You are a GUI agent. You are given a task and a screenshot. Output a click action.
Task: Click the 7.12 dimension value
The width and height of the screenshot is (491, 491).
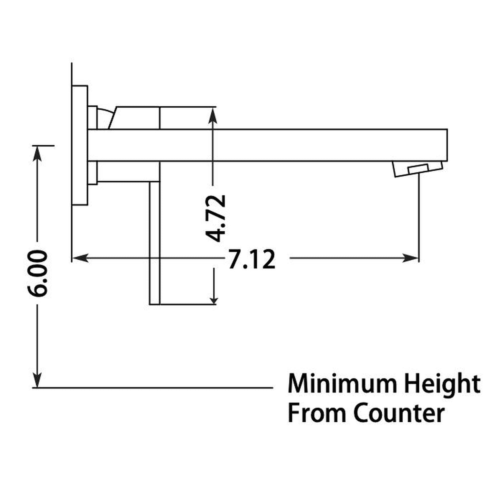point(251,260)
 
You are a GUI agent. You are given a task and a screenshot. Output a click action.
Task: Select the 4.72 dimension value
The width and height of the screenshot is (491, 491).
point(215,218)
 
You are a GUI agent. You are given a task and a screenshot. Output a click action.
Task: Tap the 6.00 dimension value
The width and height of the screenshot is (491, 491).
point(37,273)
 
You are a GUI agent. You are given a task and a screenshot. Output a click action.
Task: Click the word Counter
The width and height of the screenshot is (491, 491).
point(399,413)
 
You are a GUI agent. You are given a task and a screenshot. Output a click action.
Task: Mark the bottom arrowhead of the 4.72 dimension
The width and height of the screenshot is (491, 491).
point(214,298)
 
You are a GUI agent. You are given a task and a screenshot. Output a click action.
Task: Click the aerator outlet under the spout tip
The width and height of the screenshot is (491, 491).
point(418,169)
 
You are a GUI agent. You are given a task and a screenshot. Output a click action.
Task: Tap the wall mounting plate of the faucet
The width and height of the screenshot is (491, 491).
point(80,145)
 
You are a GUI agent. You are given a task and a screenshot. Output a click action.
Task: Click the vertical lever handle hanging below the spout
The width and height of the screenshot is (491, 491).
point(154,243)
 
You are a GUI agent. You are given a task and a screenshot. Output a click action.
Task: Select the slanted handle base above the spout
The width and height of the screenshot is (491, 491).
point(136,118)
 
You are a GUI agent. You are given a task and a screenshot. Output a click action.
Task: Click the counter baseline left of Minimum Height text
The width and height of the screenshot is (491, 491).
point(153,387)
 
